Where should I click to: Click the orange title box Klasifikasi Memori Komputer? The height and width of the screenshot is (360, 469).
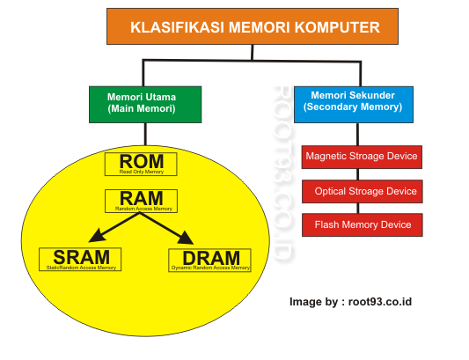pyautogui.click(x=255, y=27)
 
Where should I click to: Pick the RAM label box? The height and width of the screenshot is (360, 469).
pyautogui.click(x=141, y=201)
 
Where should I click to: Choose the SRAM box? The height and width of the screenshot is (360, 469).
pyautogui.click(x=80, y=259)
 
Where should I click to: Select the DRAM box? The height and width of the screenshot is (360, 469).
pyautogui.click(x=209, y=259)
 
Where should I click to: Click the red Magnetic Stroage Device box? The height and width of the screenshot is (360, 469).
pyautogui.click(x=362, y=158)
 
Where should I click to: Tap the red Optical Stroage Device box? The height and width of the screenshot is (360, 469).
pyautogui.click(x=362, y=191)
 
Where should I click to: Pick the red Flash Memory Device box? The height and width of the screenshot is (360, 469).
pyautogui.click(x=362, y=224)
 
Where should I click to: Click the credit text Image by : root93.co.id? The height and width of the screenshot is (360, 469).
pyautogui.click(x=351, y=302)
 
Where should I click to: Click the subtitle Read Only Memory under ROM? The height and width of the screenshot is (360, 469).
pyautogui.click(x=141, y=172)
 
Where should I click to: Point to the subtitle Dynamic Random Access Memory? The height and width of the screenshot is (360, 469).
pyautogui.click(x=209, y=267)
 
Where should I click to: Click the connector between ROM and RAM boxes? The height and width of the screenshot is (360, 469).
pyautogui.click(x=141, y=182)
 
